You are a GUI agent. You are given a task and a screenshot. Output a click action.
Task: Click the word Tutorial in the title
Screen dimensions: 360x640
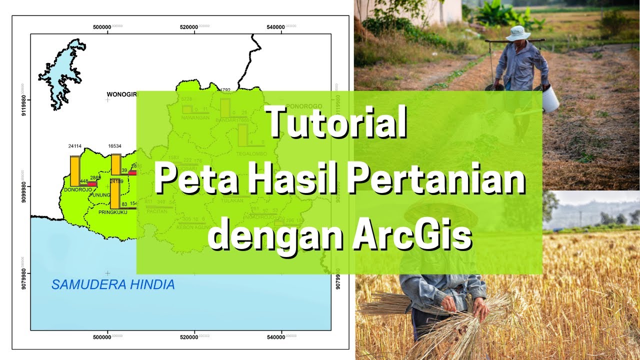pos(336,123)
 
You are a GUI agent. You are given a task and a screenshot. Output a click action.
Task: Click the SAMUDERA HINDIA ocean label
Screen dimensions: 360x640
pos(113,285)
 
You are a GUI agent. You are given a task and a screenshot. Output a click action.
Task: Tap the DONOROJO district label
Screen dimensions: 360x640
pos(78,190)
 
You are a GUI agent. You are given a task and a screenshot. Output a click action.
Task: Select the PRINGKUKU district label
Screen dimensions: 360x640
pos(113,212)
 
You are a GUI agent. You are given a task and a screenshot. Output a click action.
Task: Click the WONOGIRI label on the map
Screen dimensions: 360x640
pos(122,94)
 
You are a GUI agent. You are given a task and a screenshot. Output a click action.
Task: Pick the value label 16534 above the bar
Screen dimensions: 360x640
pos(115,146)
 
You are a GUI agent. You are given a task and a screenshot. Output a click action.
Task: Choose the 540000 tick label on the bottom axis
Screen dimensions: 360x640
pos(275,337)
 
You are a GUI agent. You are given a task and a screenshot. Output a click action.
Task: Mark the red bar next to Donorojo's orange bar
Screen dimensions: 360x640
pos(92,184)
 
